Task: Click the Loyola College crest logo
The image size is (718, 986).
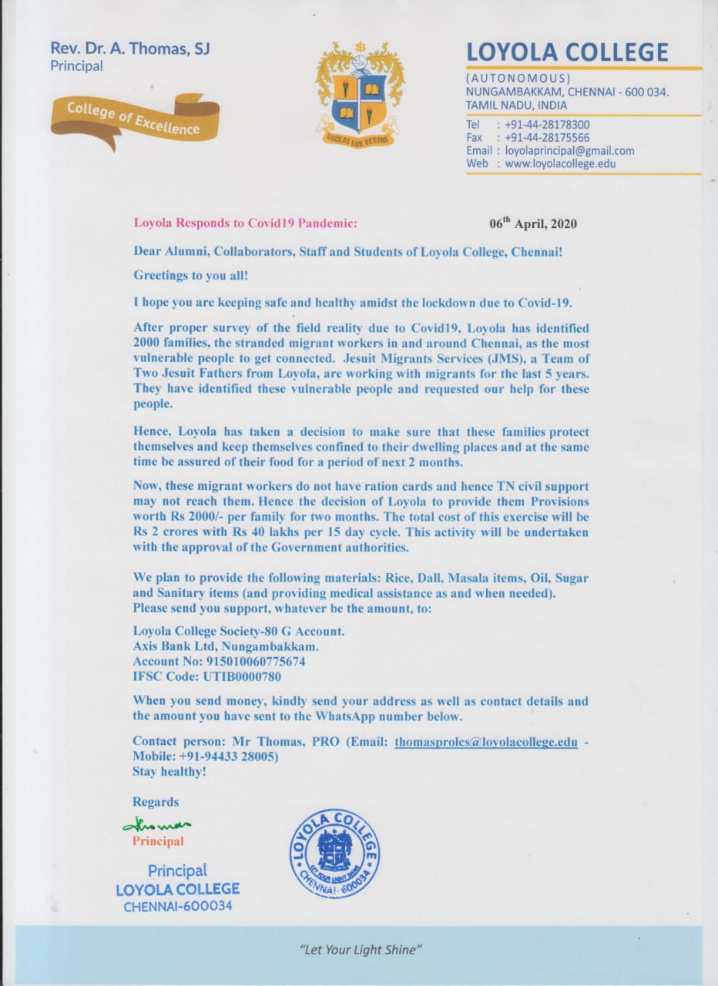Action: click(x=359, y=94)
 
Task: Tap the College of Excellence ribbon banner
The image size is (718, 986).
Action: click(x=136, y=119)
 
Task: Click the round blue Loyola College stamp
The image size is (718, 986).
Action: click(x=334, y=853)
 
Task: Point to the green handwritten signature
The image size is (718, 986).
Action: click(x=157, y=825)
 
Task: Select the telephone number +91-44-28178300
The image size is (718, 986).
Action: click(x=547, y=125)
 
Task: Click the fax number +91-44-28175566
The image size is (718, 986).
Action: click(x=547, y=138)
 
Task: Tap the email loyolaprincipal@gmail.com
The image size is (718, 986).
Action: click(x=569, y=151)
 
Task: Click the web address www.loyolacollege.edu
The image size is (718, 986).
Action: click(x=560, y=164)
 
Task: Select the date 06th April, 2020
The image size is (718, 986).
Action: click(x=533, y=224)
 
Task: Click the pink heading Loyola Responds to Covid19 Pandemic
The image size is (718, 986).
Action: click(x=245, y=223)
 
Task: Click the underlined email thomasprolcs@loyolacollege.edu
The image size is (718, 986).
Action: click(x=486, y=743)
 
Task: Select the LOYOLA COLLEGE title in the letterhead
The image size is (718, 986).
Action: click(x=567, y=52)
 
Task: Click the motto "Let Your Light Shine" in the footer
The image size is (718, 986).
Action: click(x=361, y=951)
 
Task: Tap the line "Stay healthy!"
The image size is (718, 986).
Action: click(x=169, y=771)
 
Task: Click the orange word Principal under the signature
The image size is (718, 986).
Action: click(x=158, y=841)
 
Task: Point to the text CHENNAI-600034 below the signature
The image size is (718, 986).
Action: click(x=177, y=907)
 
